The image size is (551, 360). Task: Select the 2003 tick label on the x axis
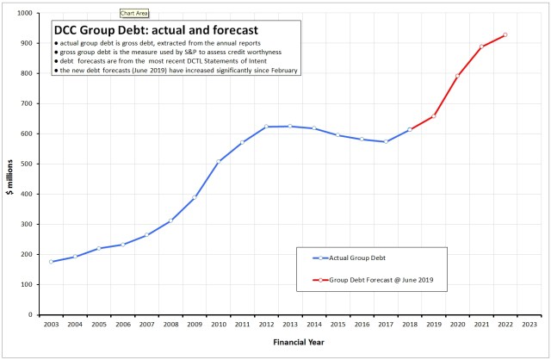click(x=51, y=325)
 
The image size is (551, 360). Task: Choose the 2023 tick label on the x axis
click(x=529, y=325)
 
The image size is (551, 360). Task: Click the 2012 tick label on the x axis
click(x=266, y=325)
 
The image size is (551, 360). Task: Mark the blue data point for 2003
click(x=51, y=262)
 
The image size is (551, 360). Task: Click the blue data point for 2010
click(x=218, y=162)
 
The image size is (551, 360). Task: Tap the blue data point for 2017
click(x=386, y=142)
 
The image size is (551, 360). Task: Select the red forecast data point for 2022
click(x=505, y=35)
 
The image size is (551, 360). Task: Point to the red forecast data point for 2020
click(x=457, y=76)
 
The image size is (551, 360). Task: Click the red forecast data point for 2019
click(x=433, y=115)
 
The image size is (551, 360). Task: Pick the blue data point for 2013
click(x=290, y=127)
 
